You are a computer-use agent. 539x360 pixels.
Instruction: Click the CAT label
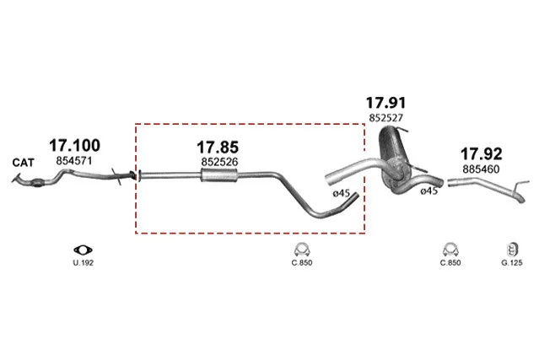click(24, 163)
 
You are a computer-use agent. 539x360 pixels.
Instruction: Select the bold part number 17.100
click(74, 145)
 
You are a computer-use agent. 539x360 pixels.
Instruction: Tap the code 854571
click(74, 161)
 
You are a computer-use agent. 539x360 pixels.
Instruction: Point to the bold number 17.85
click(218, 148)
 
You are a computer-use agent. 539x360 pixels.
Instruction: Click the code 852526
click(219, 162)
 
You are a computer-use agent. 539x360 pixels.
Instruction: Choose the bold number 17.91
click(385, 103)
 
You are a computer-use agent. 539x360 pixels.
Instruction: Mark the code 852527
click(385, 118)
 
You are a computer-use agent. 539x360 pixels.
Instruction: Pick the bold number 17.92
click(482, 154)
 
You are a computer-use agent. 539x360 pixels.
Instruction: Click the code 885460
click(481, 169)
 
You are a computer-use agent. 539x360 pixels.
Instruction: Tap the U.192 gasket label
click(84, 263)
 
